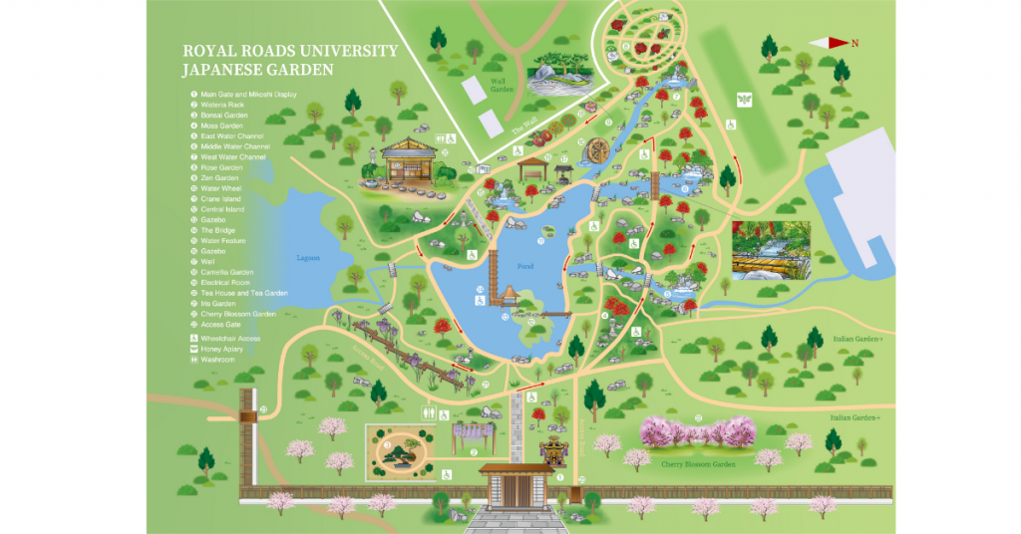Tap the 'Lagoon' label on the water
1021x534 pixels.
(308, 258)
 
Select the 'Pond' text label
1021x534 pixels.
(525, 267)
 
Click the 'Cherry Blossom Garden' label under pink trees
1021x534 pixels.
(697, 463)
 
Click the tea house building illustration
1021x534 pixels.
(409, 162)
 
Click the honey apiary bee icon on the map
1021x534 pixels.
(742, 98)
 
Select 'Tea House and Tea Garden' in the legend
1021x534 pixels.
(244, 293)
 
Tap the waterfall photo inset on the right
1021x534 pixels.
(771, 248)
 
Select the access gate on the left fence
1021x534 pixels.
(248, 410)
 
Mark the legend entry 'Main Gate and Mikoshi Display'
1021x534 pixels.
(248, 94)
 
